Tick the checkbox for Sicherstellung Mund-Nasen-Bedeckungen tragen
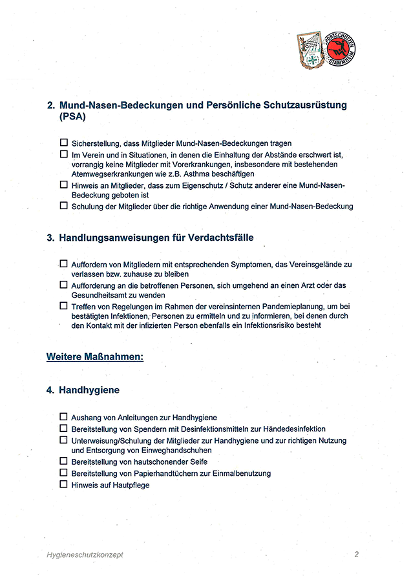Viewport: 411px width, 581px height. click(63, 143)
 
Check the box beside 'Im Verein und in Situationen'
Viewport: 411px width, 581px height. click(63, 155)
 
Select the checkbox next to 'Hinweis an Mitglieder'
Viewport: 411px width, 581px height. click(63, 185)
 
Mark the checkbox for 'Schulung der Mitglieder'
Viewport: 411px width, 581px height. click(63, 206)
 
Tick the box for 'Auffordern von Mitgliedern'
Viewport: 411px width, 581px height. click(63, 263)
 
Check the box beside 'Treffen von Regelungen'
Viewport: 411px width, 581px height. click(63, 305)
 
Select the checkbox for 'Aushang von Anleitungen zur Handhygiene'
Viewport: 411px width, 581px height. click(63, 418)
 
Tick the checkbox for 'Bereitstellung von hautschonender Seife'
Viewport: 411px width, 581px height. click(63, 462)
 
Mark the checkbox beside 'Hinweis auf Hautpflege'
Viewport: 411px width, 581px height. click(63, 484)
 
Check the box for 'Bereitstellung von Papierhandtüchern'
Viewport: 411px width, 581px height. click(63, 473)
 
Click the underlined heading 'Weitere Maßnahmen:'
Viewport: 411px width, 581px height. click(95, 356)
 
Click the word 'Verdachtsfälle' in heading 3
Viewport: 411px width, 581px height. click(219, 238)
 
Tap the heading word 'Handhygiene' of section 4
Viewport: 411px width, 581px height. click(89, 391)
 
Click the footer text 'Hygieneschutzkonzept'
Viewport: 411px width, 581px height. click(84, 555)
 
